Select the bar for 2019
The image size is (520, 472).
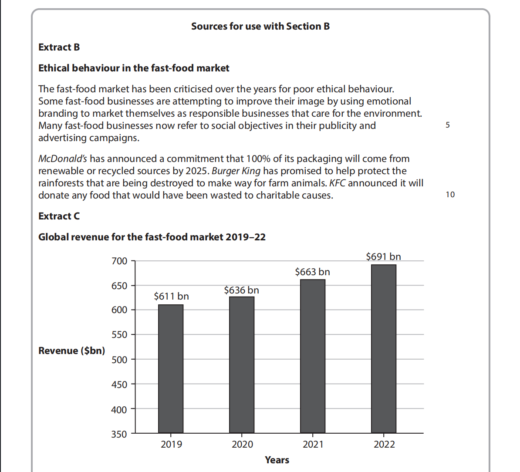pyautogui.click(x=171, y=368)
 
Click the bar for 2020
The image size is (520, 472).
pyautogui.click(x=242, y=364)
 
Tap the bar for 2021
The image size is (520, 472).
pyautogui.click(x=313, y=356)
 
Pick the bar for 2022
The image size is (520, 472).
pyautogui.click(x=384, y=348)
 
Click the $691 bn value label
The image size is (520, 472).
pyautogui.click(x=383, y=256)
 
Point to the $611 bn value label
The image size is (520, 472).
pyautogui.click(x=171, y=297)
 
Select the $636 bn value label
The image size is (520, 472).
pyautogui.click(x=241, y=290)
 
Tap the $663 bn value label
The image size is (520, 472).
pyautogui.click(x=312, y=272)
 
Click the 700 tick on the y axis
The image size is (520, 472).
pyautogui.click(x=119, y=261)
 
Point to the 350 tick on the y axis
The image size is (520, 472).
pyautogui.click(x=119, y=434)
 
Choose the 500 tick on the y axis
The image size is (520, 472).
pyautogui.click(x=119, y=360)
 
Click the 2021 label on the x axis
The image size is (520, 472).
pyautogui.click(x=313, y=445)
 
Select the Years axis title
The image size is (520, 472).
pyautogui.click(x=277, y=460)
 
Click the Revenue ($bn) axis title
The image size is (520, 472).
pyautogui.click(x=71, y=351)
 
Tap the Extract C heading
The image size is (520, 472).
pyautogui.click(x=59, y=216)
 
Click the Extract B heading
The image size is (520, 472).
pyautogui.click(x=59, y=47)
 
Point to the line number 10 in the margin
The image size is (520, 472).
pyautogui.click(x=450, y=195)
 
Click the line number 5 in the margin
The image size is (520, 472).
pyautogui.click(x=448, y=125)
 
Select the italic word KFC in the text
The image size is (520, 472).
pyautogui.click(x=337, y=183)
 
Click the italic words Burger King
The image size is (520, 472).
pyautogui.click(x=236, y=171)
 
